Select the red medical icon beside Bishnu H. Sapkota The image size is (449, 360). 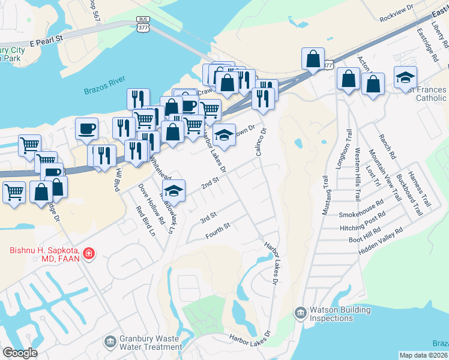pyautogui.click(x=89, y=254)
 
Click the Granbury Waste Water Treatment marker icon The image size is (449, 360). pyautogui.click(x=110, y=342)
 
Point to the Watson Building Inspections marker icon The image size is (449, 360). pyautogui.click(x=300, y=313)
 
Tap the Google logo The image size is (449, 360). pyautogui.click(x=19, y=353)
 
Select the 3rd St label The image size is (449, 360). pyautogui.click(x=208, y=215)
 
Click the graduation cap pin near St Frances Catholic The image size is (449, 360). pyautogui.click(x=405, y=77)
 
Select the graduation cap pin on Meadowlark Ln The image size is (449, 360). pyautogui.click(x=173, y=191)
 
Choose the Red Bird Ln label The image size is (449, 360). pyautogui.click(x=142, y=220)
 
